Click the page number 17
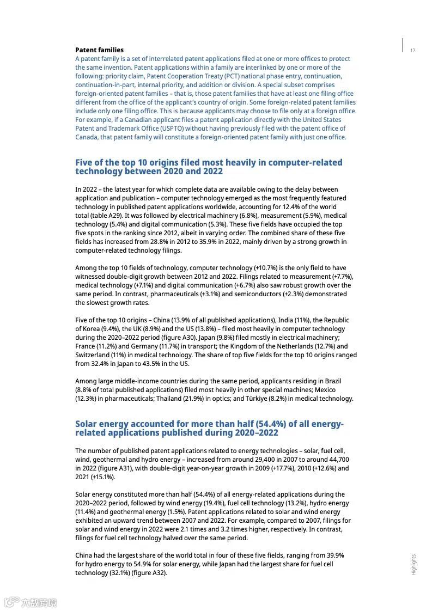[x=412, y=51]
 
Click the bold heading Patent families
[x=99, y=50]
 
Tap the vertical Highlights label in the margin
[x=414, y=564]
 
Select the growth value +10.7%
[x=265, y=268]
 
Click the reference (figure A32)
[x=149, y=573]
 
